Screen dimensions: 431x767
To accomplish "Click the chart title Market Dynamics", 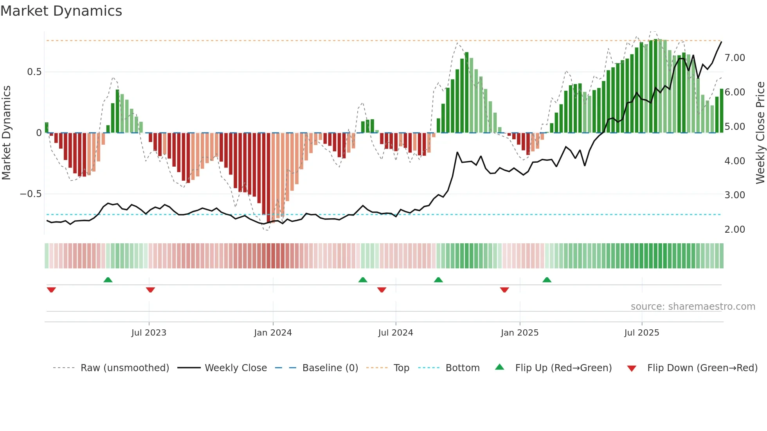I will click(x=61, y=11).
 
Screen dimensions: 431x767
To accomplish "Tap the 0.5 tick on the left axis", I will click(x=34, y=72).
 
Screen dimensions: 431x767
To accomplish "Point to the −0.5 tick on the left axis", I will click(x=31, y=194).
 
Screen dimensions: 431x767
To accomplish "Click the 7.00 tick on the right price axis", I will click(x=735, y=58).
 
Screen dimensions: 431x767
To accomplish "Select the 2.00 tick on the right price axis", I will click(x=735, y=230).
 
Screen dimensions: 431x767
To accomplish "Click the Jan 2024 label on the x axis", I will click(x=273, y=333).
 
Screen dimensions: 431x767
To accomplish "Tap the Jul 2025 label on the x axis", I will click(x=641, y=333).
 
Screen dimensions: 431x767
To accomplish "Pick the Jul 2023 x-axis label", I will click(x=149, y=333).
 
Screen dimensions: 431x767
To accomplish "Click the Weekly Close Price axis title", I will click(x=760, y=133).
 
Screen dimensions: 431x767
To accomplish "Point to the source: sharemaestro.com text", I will click(x=693, y=307).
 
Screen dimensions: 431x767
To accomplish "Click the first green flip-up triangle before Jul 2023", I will click(x=108, y=280).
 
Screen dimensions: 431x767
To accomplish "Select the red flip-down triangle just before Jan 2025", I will click(x=504, y=290).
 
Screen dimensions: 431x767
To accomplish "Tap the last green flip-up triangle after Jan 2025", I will click(x=547, y=280).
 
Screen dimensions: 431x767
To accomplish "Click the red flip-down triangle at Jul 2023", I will click(x=150, y=290).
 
